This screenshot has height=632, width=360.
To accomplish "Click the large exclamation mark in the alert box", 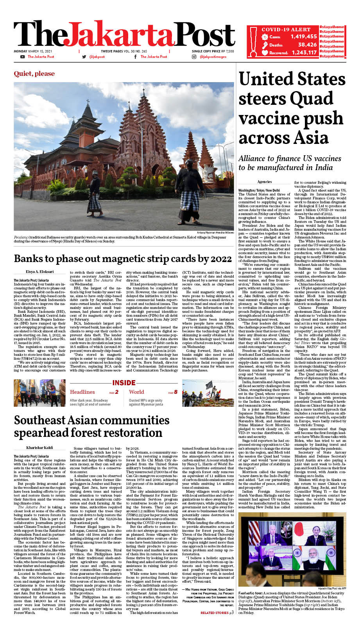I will (253, 41).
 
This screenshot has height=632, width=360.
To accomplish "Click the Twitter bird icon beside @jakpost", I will (84, 57).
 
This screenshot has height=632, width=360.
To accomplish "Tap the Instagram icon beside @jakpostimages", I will (194, 57).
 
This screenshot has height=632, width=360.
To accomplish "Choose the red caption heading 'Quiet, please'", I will (34, 74).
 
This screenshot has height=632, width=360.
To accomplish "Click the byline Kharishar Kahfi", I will (39, 447).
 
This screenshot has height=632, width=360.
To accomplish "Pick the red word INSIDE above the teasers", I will (124, 383).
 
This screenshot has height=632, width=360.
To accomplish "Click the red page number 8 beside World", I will (176, 392).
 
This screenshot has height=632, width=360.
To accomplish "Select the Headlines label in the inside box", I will (82, 392).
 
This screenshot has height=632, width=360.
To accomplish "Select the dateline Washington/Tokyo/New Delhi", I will (259, 190).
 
